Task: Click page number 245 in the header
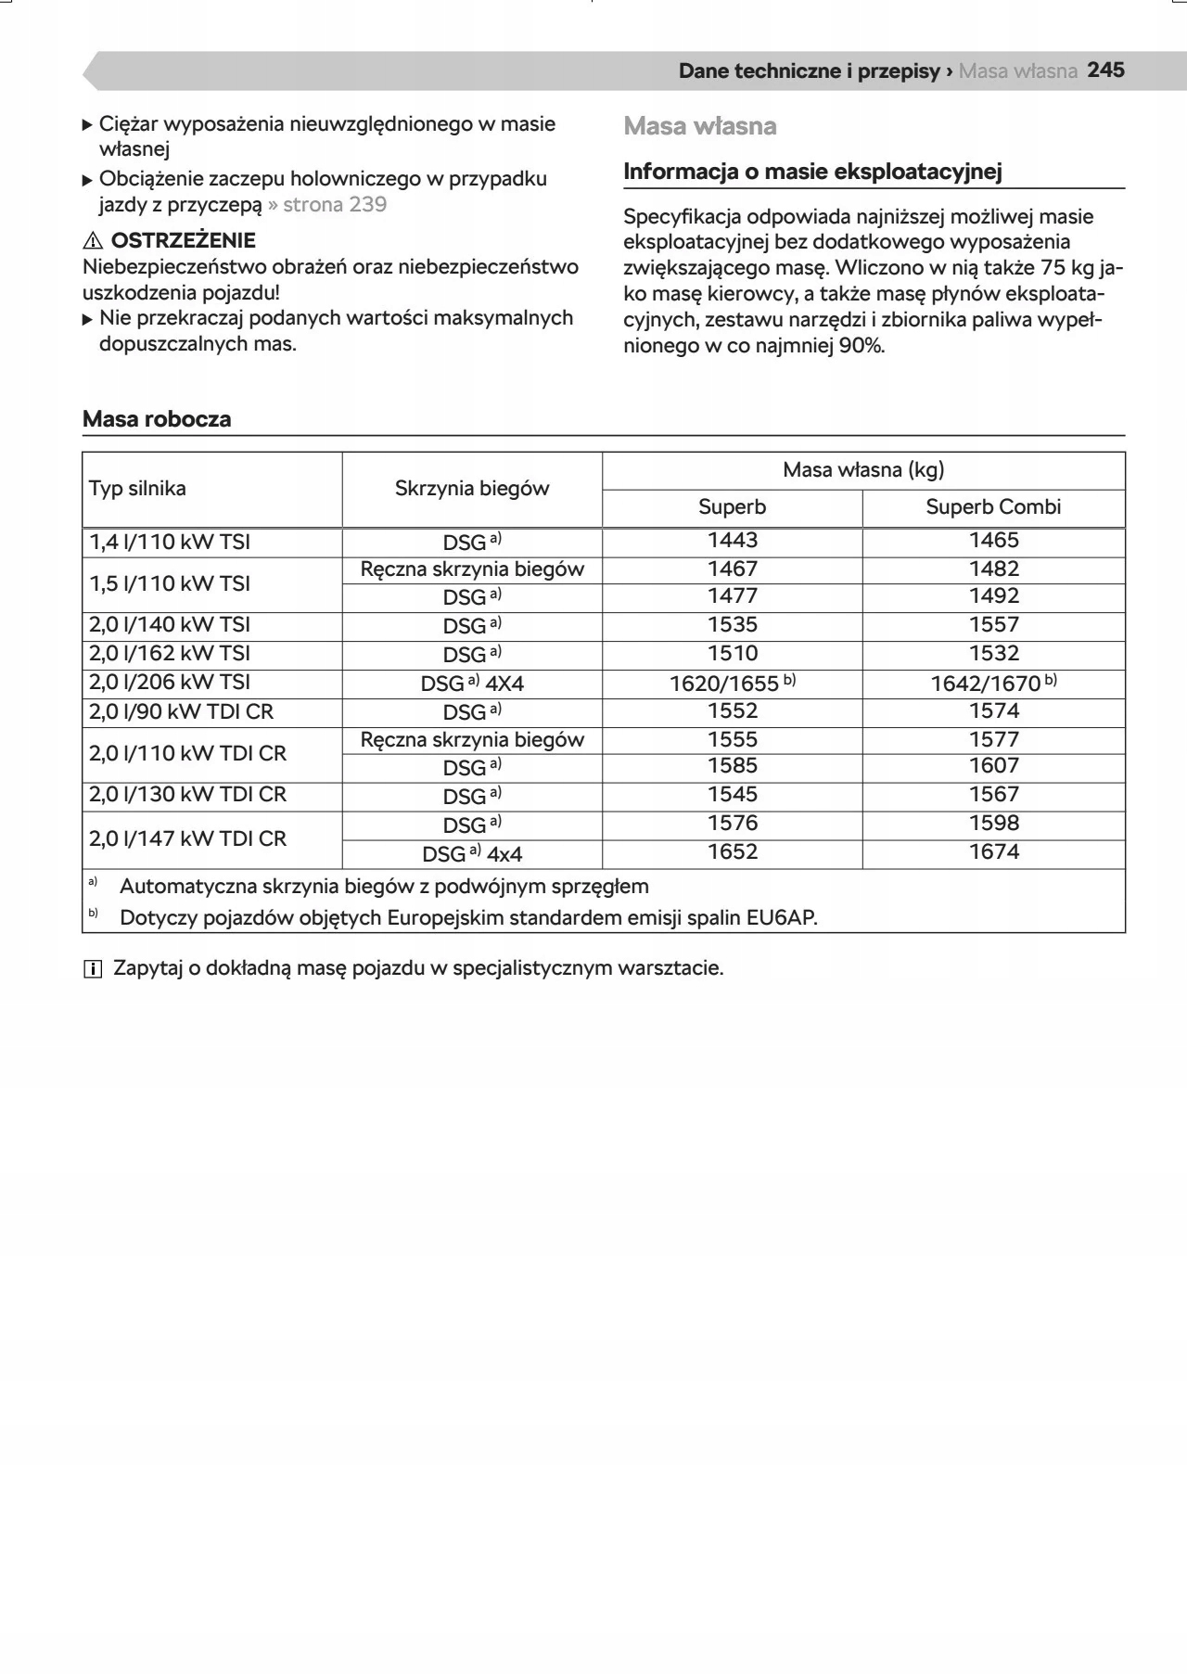click(1105, 70)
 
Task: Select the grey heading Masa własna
click(700, 126)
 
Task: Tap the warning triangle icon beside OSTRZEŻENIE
click(93, 241)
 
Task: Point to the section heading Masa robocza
click(157, 419)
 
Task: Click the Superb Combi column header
click(993, 507)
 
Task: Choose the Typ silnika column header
click(137, 489)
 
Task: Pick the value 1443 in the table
click(733, 541)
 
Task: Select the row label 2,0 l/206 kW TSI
click(170, 683)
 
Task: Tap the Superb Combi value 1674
click(994, 852)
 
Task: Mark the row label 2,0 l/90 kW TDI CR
click(182, 712)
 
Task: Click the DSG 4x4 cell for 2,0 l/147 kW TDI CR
click(472, 853)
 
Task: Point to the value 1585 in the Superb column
click(733, 766)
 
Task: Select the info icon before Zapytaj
click(93, 969)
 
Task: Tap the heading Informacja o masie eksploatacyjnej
click(812, 172)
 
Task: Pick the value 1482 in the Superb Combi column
click(994, 569)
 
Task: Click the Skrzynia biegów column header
click(472, 489)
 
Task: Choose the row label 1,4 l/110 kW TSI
click(170, 543)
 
